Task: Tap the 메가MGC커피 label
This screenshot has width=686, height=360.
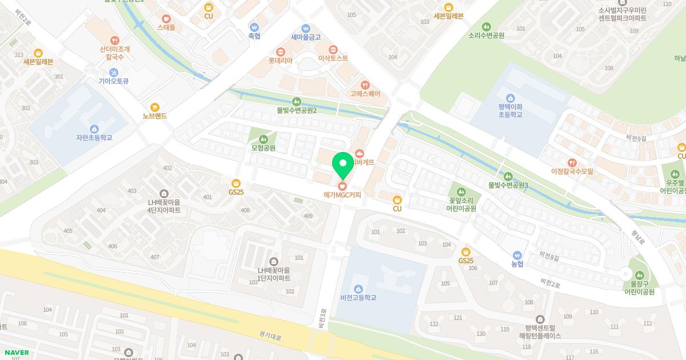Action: click(342, 195)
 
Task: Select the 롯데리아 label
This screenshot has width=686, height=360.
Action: click(280, 60)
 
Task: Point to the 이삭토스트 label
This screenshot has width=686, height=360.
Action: click(333, 58)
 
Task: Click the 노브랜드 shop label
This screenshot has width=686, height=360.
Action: click(154, 116)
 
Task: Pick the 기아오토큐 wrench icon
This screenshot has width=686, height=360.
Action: click(113, 72)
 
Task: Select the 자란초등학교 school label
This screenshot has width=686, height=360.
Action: click(94, 138)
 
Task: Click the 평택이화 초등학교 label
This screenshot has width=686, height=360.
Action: click(510, 110)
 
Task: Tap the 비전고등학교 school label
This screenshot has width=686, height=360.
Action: click(358, 298)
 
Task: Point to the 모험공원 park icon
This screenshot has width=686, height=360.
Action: click(263, 139)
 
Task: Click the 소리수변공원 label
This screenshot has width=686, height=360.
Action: click(486, 35)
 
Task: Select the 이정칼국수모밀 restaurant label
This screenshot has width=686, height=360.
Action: click(572, 171)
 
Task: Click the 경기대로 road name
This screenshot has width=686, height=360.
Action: click(270, 337)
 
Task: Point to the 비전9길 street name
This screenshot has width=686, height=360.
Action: click(636, 138)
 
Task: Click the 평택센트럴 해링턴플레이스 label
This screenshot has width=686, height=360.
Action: click(540, 332)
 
